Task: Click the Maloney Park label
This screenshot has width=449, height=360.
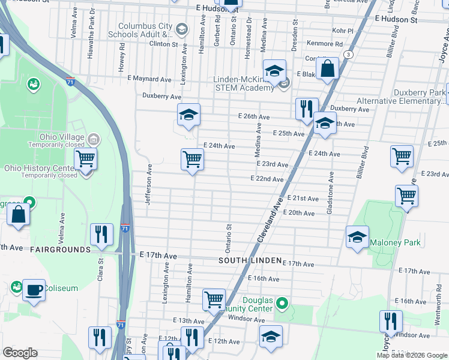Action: [x=395, y=243]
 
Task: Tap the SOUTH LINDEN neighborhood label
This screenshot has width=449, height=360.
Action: [x=250, y=260]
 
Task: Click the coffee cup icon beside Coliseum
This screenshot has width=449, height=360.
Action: [x=33, y=290]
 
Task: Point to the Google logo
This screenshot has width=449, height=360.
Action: [x=20, y=353]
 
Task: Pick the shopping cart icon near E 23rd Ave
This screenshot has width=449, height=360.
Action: [x=192, y=160]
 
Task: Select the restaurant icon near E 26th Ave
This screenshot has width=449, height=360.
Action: [x=307, y=109]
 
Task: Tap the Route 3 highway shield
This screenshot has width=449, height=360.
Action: [x=348, y=55]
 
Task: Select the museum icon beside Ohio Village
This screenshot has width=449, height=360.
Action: [x=93, y=140]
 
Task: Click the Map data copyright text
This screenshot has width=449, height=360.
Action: [x=411, y=355]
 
